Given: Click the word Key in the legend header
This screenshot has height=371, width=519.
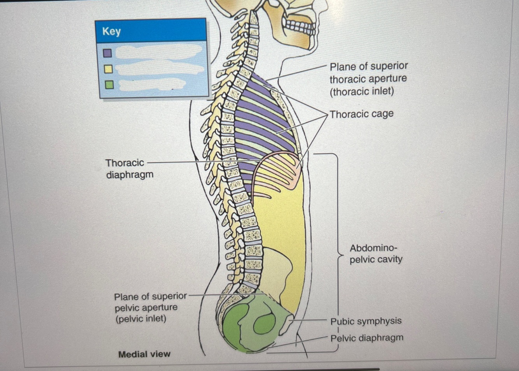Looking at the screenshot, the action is (111, 31).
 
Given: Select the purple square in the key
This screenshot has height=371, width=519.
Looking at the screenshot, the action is (108, 53).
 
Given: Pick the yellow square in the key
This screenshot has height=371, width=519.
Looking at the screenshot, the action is (109, 69).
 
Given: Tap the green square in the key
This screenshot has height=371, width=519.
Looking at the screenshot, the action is (109, 84).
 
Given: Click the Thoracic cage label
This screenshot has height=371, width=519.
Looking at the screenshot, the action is (361, 114).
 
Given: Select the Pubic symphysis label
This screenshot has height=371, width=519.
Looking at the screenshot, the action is (366, 321).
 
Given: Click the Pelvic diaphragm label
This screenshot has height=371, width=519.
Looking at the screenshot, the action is (366, 338).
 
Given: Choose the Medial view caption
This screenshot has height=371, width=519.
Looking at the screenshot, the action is (144, 354).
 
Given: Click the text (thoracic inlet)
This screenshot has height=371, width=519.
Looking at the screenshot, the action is (361, 91).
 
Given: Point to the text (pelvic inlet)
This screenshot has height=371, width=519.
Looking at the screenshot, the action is (140, 319).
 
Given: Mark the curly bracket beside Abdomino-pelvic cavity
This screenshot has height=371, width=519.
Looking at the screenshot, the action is (337, 253).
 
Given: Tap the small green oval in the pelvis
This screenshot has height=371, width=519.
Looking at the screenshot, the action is (265, 324).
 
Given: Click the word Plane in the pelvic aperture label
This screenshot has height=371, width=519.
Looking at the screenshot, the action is (125, 297).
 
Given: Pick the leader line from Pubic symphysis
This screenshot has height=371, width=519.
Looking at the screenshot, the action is (311, 320).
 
